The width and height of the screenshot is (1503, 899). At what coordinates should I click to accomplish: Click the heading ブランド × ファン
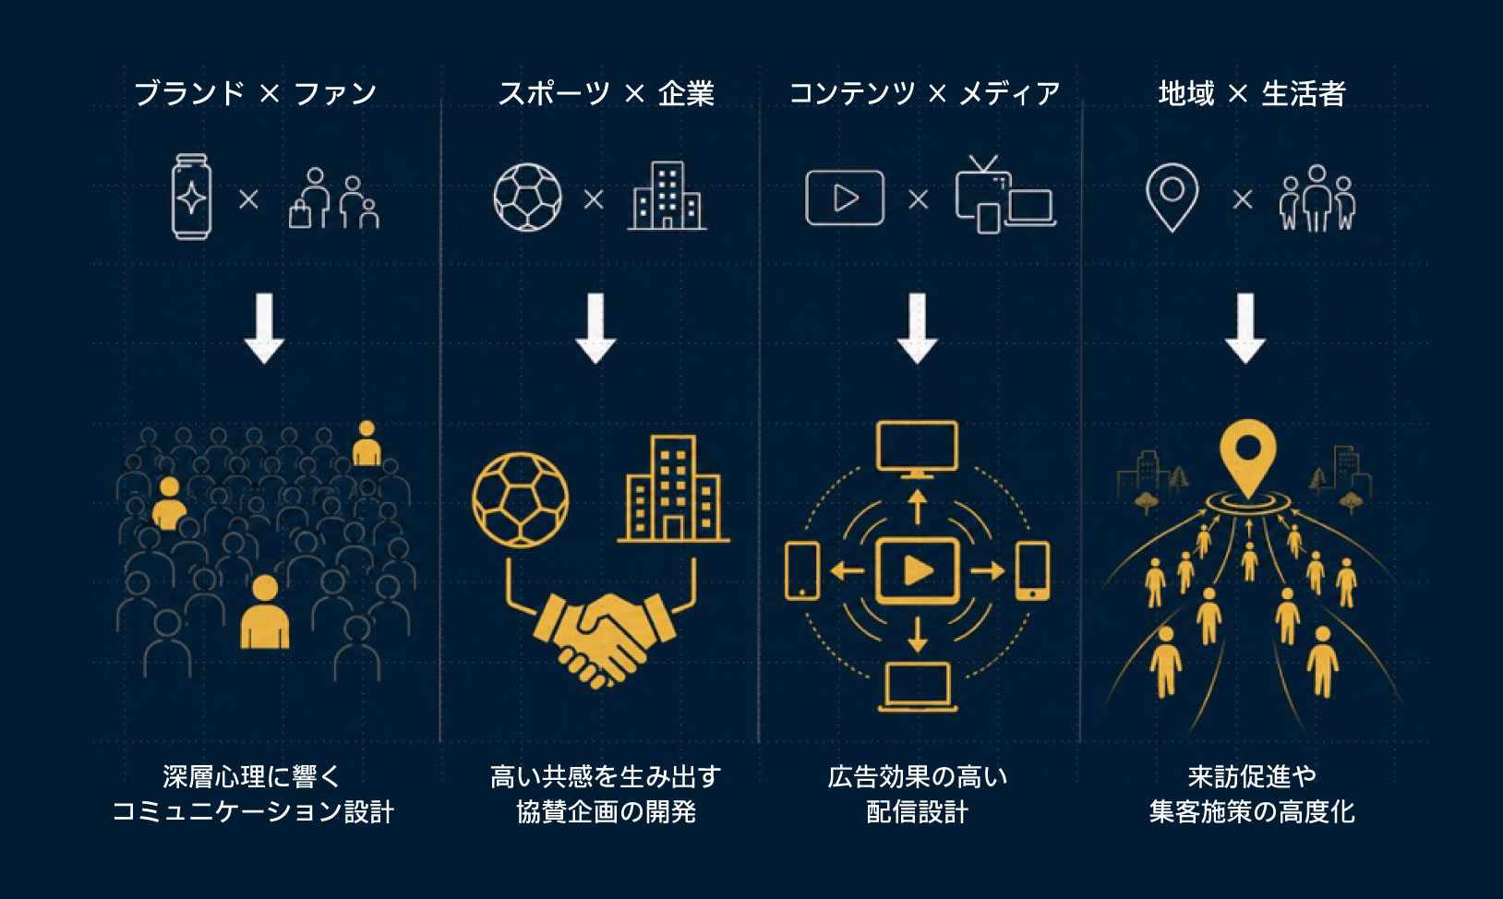(256, 93)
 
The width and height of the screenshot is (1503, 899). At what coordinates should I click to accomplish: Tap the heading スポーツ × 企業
(606, 93)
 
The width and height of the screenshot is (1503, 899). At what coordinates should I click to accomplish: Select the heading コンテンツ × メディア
(925, 93)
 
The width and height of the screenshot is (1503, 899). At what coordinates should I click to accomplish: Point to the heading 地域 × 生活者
(1252, 93)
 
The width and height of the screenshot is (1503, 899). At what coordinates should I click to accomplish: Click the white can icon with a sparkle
(192, 197)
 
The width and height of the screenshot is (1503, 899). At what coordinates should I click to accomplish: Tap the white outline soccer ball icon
(527, 198)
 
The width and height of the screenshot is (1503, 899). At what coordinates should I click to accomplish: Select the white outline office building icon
(667, 196)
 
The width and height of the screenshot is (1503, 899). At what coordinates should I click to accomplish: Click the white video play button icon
(845, 198)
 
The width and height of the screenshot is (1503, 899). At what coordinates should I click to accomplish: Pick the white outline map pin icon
(1172, 198)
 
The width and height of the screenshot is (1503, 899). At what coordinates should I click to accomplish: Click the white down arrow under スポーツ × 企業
(595, 328)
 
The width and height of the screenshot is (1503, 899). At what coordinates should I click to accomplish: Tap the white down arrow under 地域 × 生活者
(1245, 328)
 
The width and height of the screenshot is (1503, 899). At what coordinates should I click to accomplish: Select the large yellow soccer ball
(521, 500)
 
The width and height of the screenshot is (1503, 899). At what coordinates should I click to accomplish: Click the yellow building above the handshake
(673, 488)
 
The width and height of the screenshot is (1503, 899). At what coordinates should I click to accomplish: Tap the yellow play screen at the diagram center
(918, 571)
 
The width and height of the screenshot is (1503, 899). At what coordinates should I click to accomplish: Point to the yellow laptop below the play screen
(918, 687)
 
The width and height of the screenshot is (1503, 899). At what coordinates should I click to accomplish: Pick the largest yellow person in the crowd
(265, 612)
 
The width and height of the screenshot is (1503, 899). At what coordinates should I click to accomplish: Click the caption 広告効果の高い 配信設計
(918, 795)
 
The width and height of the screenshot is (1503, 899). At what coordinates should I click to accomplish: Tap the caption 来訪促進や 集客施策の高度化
(1252, 795)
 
